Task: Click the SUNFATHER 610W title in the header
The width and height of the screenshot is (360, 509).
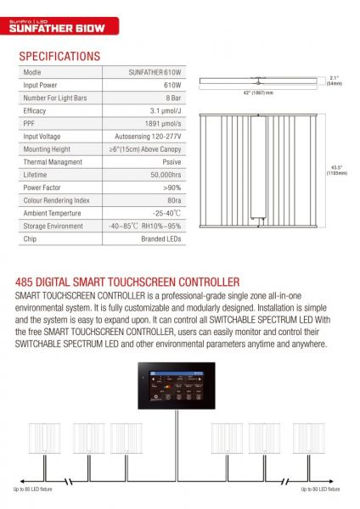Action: [57, 28]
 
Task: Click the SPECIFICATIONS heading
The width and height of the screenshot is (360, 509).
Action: [59, 57]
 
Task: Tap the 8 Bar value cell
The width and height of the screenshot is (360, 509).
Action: [170, 98]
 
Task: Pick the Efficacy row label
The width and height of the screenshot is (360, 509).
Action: [35, 110]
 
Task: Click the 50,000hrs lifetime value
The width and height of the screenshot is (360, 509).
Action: [161, 174]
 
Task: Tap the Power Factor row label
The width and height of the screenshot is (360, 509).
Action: [42, 187]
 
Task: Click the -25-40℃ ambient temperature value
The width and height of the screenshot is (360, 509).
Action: [163, 213]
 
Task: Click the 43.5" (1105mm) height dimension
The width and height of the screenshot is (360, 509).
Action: [335, 170]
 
